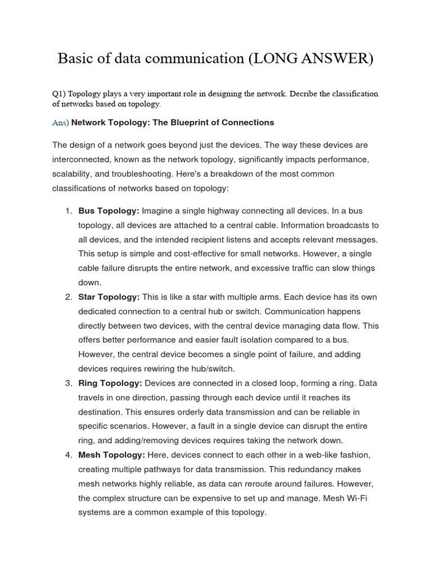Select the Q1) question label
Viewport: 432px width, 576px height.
[58, 93]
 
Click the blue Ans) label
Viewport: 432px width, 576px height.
[60, 122]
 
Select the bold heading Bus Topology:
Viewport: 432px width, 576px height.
[109, 210]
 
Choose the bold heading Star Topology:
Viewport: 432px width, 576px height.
[110, 296]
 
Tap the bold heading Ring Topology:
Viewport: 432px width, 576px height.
[110, 383]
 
